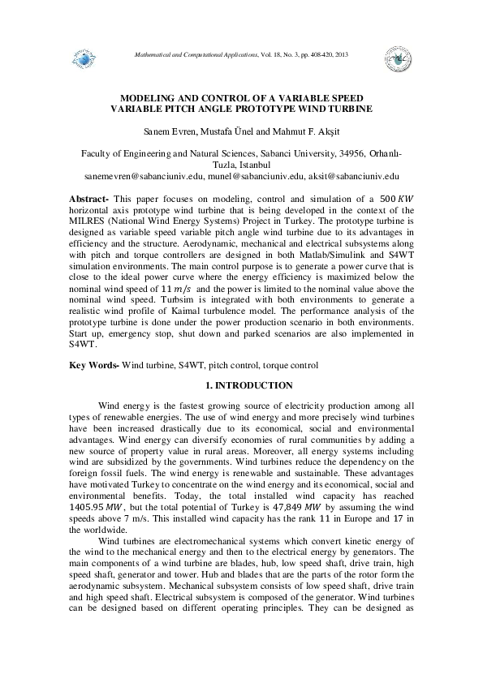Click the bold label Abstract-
(x=89, y=199)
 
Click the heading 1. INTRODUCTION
(x=241, y=384)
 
